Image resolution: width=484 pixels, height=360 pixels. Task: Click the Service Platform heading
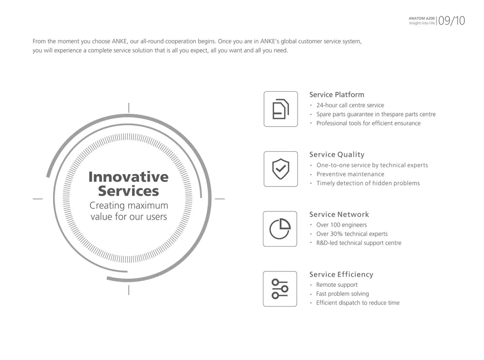click(337, 95)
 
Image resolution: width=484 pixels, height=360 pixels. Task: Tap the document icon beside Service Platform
click(280, 109)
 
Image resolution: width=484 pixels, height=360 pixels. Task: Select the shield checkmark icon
click(280, 169)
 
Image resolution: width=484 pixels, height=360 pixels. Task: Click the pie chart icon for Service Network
click(280, 229)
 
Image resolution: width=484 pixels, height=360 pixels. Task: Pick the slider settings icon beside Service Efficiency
click(280, 289)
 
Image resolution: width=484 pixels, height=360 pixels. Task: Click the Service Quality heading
click(337, 154)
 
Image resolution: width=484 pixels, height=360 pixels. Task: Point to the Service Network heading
click(339, 214)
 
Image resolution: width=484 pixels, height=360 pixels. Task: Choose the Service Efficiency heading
click(341, 274)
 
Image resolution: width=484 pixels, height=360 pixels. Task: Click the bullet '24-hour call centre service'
click(350, 105)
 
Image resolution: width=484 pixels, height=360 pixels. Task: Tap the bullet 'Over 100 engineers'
click(341, 225)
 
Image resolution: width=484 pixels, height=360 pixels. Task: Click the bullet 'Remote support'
click(337, 285)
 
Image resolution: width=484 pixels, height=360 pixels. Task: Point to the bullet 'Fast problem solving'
click(342, 294)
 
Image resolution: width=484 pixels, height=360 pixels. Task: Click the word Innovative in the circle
click(128, 176)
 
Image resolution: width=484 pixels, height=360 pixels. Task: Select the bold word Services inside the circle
click(128, 191)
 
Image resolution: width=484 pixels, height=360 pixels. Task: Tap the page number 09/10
click(451, 21)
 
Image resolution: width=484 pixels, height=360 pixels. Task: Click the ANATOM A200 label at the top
click(421, 18)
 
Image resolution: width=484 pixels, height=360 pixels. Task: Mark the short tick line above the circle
click(129, 108)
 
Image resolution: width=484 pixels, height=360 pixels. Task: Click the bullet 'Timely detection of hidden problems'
click(368, 183)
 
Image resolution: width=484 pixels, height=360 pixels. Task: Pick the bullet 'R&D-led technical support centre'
click(358, 243)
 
